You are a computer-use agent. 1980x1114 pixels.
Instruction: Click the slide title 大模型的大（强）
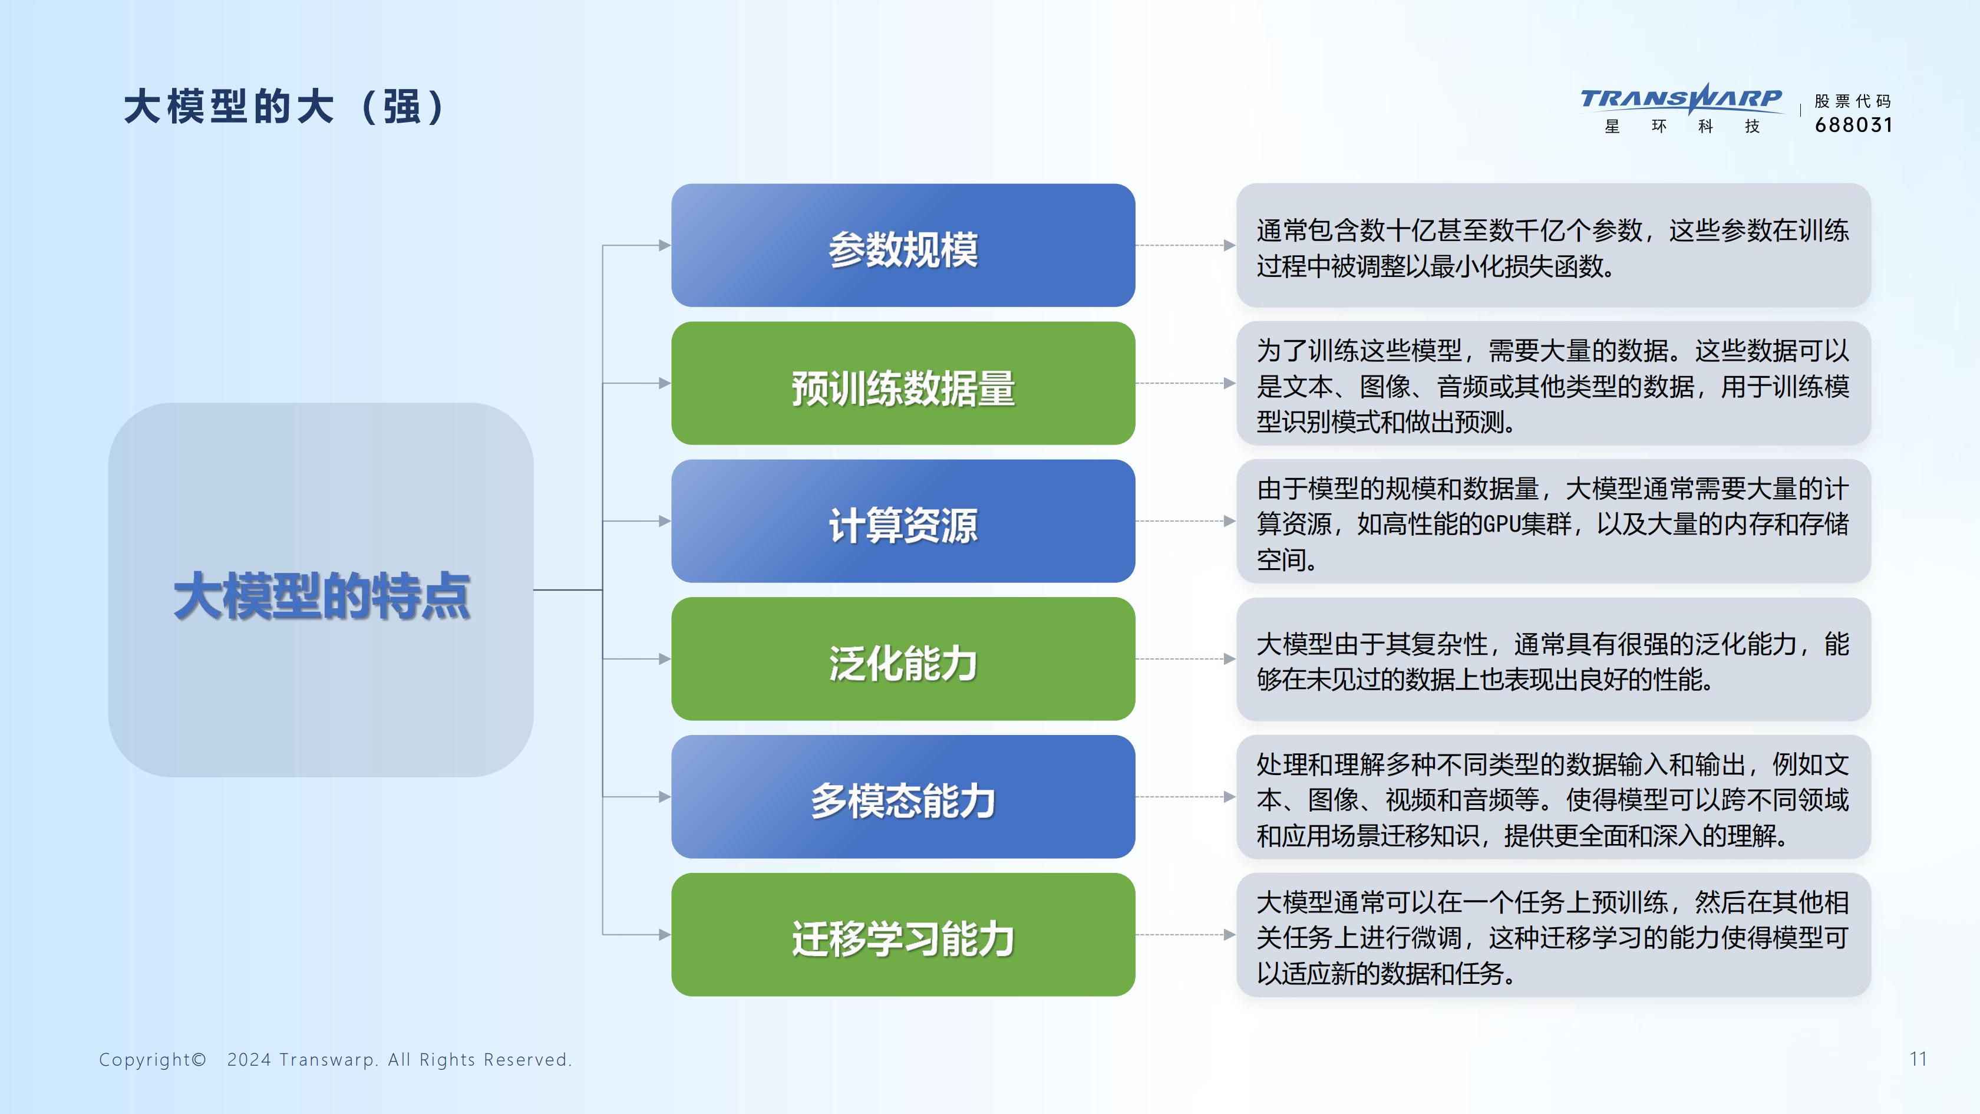[285, 106]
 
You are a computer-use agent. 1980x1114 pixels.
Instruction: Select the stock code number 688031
[1853, 124]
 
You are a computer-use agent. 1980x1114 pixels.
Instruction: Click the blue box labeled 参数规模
[903, 245]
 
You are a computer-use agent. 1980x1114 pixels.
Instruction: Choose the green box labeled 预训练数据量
[903, 383]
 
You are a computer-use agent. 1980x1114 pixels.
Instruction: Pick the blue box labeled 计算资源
[903, 521]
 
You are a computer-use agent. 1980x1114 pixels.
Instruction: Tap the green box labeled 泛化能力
[903, 659]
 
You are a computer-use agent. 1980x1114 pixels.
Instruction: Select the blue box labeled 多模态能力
[903, 796]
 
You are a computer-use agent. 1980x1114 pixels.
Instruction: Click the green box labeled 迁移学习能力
[903, 935]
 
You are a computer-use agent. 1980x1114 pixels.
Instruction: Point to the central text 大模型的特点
[321, 596]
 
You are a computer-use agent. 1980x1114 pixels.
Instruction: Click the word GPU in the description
[1503, 525]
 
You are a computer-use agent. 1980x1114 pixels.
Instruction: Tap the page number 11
[1919, 1059]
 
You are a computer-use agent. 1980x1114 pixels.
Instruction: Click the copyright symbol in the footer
[199, 1059]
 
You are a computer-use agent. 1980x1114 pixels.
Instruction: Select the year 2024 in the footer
[249, 1059]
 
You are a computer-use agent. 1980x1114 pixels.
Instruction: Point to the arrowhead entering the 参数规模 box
[665, 245]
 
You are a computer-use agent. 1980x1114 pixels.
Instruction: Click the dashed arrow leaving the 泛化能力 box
[1185, 659]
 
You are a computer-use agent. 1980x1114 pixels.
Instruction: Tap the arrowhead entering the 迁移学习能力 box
[665, 935]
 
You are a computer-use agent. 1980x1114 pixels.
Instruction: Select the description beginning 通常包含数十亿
[1553, 248]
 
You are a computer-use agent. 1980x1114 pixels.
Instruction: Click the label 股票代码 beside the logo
[1852, 101]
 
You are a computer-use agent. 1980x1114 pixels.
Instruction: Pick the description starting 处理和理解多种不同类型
[1553, 800]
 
